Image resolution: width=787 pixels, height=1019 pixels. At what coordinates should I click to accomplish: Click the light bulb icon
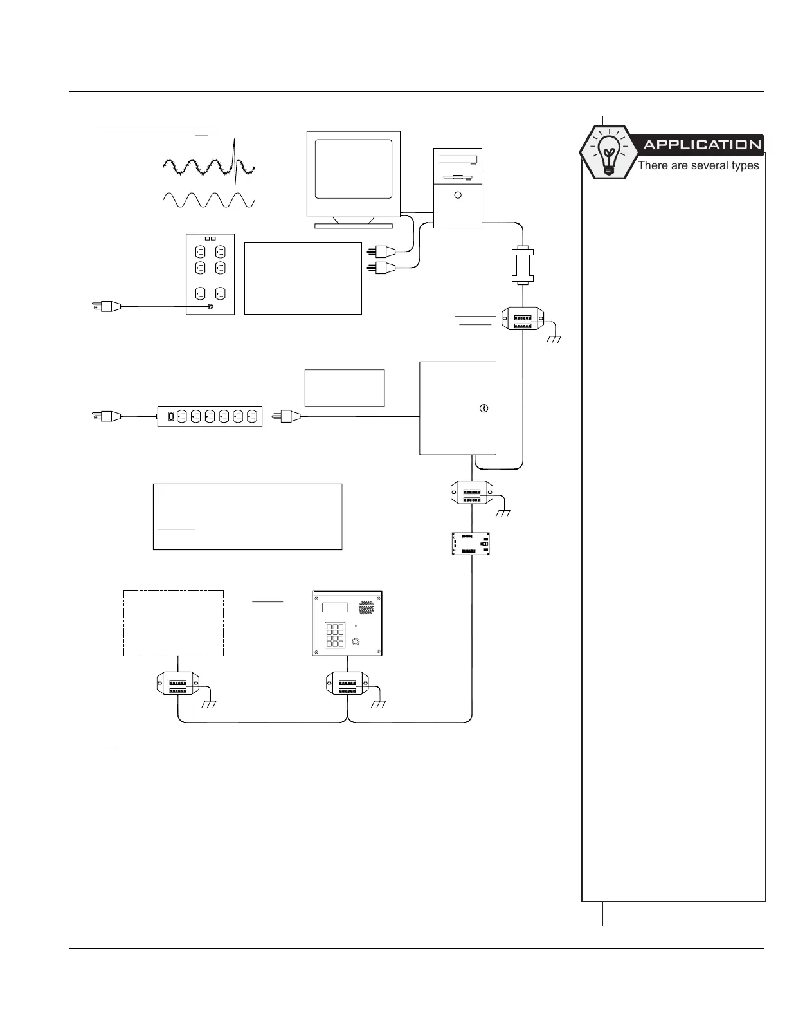click(x=607, y=152)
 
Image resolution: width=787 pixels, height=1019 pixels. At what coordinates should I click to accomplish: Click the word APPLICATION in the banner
click(x=701, y=145)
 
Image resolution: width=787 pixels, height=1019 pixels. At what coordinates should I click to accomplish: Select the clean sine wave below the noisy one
click(x=209, y=199)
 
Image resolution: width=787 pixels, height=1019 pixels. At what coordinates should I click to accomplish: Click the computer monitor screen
click(x=354, y=169)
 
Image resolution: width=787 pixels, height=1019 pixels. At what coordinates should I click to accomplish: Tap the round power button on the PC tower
click(x=457, y=195)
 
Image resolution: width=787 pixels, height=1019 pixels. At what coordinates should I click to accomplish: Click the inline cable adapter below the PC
click(x=523, y=264)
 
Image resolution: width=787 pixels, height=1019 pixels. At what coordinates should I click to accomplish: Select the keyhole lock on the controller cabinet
click(x=485, y=408)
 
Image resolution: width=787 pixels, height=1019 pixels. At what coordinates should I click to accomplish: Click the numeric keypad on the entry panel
click(x=335, y=634)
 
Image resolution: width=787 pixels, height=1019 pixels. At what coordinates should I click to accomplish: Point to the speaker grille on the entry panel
click(x=366, y=607)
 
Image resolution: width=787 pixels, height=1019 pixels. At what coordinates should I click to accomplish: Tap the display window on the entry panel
click(x=335, y=607)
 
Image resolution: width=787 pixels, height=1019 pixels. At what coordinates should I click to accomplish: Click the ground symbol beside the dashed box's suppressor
click(x=208, y=704)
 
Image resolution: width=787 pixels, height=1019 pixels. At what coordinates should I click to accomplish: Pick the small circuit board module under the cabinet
click(x=471, y=544)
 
